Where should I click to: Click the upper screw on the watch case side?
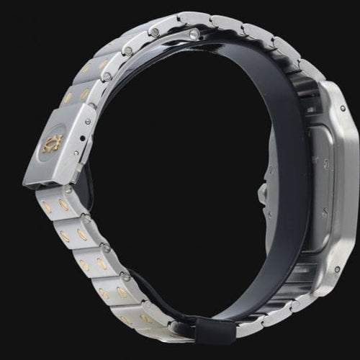[x=341, y=109]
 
